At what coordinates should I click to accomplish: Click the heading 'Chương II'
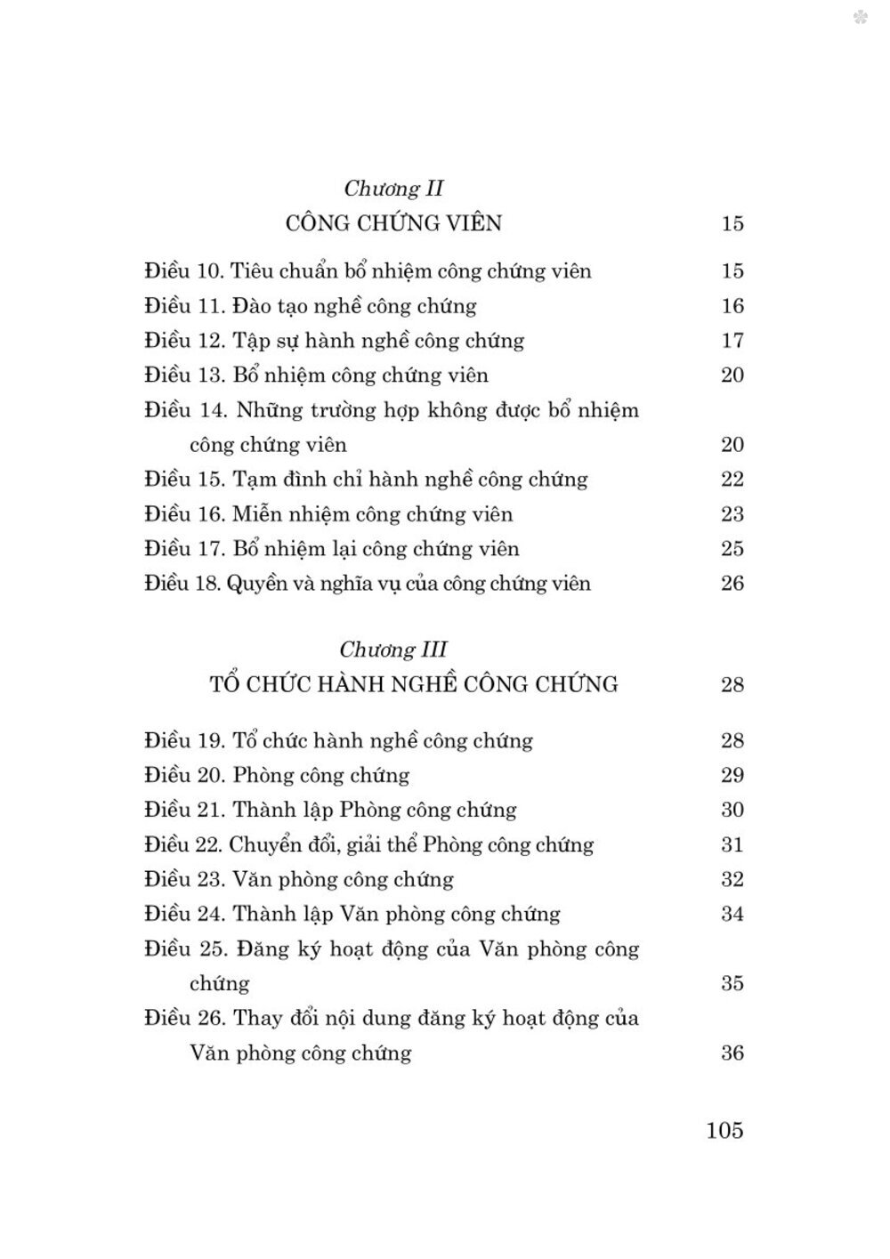click(393, 189)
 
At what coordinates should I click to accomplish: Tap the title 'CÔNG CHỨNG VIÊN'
click(393, 223)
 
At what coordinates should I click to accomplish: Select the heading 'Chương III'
click(393, 650)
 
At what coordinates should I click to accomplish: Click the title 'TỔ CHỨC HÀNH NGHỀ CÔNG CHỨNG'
click(414, 684)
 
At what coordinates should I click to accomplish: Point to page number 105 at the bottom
click(724, 1130)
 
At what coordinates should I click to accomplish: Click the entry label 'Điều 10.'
click(184, 271)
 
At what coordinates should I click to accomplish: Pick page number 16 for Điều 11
click(732, 306)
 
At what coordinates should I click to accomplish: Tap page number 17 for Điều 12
click(732, 341)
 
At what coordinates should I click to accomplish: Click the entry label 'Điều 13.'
click(184, 375)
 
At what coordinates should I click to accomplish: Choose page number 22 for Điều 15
click(732, 480)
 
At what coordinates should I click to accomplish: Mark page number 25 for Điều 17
click(732, 549)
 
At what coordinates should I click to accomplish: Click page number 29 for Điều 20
click(732, 775)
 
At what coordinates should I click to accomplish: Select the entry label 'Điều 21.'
click(184, 810)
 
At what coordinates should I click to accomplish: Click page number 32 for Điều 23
click(732, 879)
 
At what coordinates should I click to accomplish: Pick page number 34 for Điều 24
click(732, 914)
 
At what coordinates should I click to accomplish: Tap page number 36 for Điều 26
click(732, 1053)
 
